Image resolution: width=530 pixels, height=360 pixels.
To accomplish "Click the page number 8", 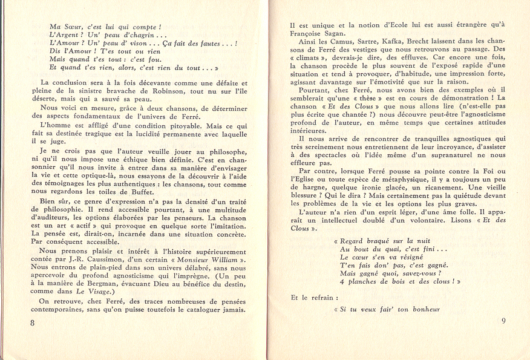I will click(32, 322).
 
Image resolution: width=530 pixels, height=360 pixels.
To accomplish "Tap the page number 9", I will click(503, 321).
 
